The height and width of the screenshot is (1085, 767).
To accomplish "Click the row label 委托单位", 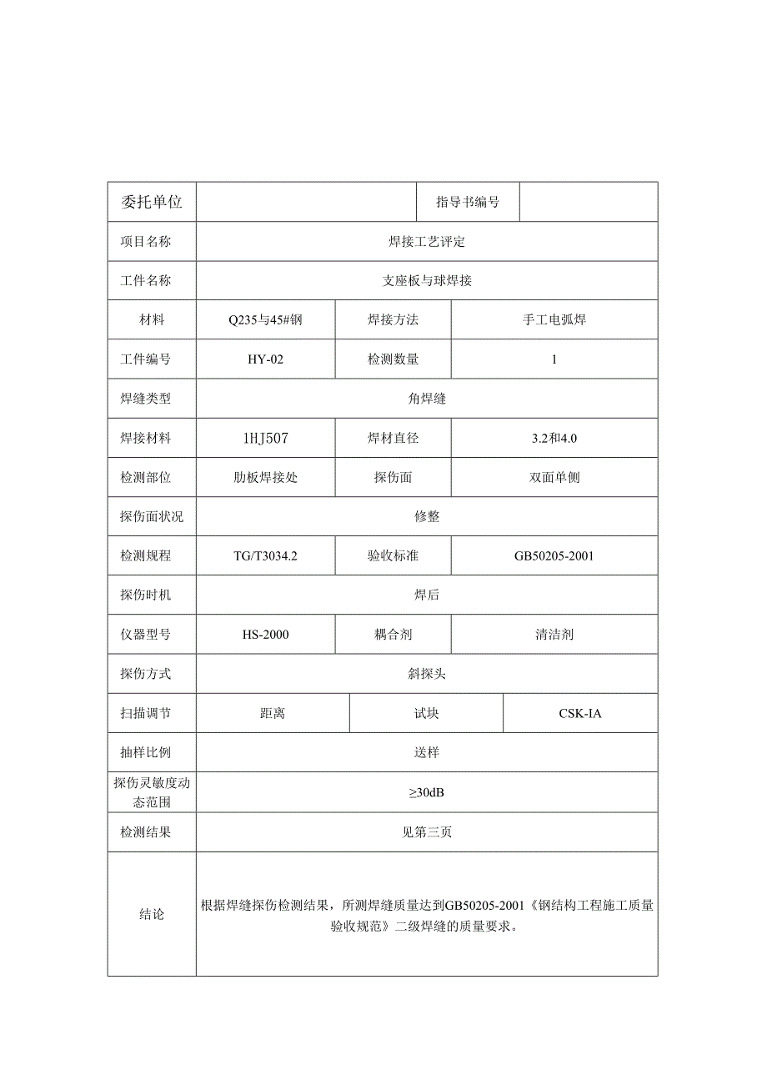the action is click(x=152, y=202).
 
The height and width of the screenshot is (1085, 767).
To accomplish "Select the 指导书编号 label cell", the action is click(x=468, y=202).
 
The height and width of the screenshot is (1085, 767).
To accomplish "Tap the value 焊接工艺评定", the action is click(x=427, y=242).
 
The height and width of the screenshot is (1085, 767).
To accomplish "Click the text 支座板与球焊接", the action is click(x=427, y=281).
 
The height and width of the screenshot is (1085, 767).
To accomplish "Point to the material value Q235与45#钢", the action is click(x=266, y=320).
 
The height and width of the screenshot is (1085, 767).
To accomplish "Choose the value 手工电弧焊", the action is click(x=554, y=320).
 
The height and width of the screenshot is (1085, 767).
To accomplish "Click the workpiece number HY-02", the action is click(x=266, y=359).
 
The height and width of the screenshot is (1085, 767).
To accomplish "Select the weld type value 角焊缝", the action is click(x=427, y=399).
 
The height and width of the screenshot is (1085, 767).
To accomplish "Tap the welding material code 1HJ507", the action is click(x=266, y=438).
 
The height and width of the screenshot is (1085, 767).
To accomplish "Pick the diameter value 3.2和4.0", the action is click(x=554, y=438).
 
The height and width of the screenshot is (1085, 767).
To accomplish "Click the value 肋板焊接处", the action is click(x=266, y=478).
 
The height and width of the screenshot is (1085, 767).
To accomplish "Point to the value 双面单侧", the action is click(x=554, y=478).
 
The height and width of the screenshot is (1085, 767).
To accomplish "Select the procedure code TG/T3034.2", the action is click(x=266, y=556).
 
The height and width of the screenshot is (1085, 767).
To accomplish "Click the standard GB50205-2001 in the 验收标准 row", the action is click(x=554, y=556).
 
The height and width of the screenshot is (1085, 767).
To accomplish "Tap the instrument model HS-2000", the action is click(x=266, y=635).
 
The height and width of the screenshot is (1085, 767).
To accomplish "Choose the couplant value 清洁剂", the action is click(x=554, y=635).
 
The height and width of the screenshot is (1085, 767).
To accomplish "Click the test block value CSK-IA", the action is click(x=580, y=714).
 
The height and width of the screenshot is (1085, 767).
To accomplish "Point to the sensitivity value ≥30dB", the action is click(x=427, y=792).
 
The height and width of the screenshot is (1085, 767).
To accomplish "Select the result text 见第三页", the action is click(x=427, y=832).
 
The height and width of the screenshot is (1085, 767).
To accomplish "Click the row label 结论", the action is click(x=152, y=915).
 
